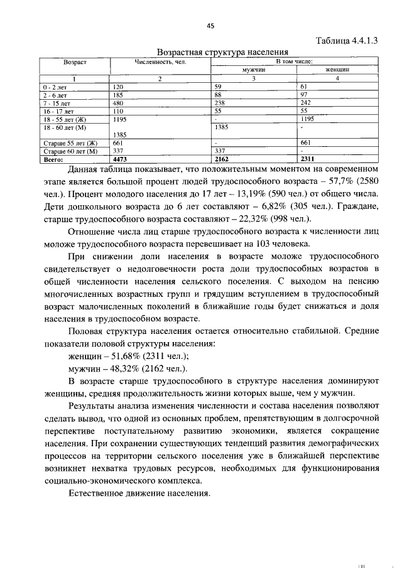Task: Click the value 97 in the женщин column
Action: point(305,94)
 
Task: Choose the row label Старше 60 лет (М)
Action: point(70,151)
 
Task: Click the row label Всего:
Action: point(52,159)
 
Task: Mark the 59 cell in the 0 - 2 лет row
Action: point(219,86)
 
